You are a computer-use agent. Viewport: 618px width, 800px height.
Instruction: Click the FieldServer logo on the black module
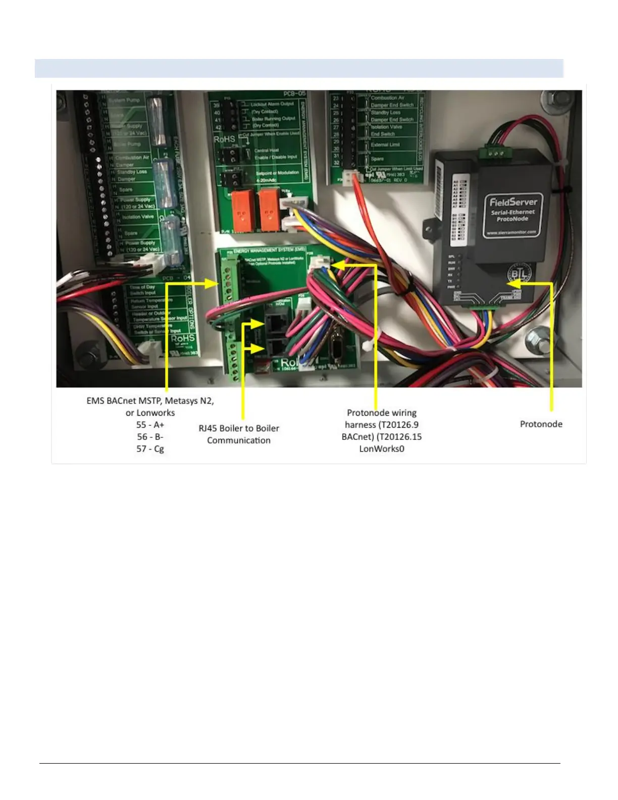pos(513,202)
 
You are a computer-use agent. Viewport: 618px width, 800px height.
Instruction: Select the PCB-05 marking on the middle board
pos(295,93)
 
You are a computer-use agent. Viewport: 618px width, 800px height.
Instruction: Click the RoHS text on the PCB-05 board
pos(224,139)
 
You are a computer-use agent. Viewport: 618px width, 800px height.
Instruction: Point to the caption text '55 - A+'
pos(150,425)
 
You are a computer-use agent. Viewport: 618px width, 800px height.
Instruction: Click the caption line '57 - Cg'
pos(150,448)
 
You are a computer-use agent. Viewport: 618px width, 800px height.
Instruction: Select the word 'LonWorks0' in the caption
pos(381,448)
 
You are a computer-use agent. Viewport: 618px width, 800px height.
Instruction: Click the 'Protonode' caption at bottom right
pos(541,424)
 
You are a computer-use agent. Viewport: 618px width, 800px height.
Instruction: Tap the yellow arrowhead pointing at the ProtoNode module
pos(524,283)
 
